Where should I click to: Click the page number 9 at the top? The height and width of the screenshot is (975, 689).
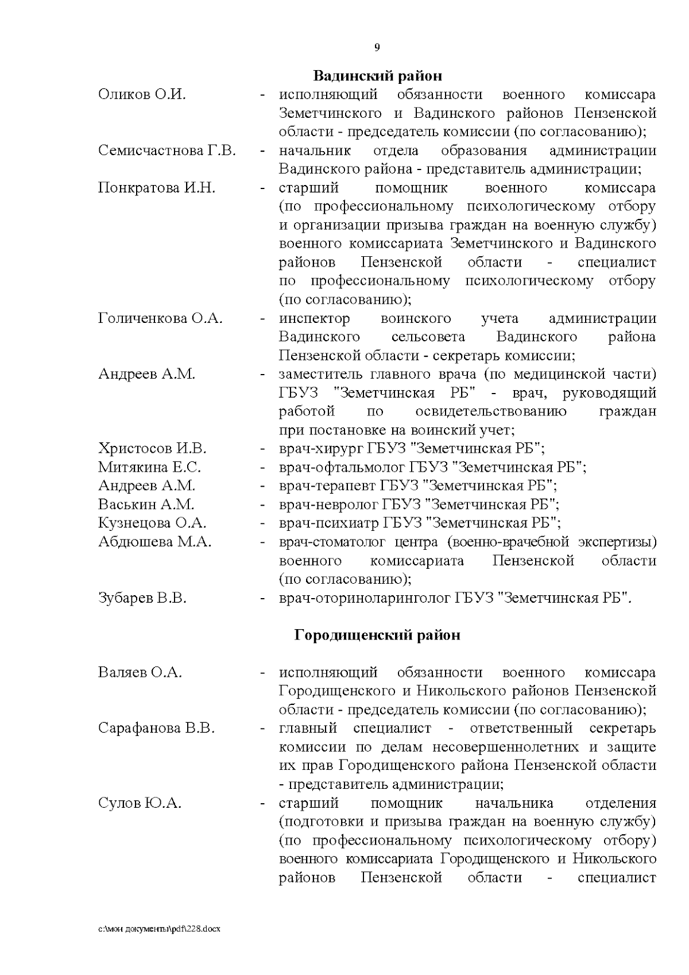(377, 48)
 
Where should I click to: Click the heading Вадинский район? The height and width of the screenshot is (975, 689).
(377, 76)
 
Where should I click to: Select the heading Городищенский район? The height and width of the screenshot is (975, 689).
(377, 635)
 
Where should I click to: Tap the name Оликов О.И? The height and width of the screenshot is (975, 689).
(142, 94)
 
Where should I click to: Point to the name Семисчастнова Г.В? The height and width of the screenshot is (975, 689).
(167, 151)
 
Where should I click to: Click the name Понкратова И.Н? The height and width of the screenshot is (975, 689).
(157, 188)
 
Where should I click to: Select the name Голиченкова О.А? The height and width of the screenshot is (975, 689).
(160, 318)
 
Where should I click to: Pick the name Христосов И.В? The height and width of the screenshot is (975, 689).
(152, 448)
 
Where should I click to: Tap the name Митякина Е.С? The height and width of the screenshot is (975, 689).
(149, 467)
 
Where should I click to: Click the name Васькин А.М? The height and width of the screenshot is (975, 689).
(146, 504)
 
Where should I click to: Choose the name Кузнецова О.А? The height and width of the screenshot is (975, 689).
(152, 523)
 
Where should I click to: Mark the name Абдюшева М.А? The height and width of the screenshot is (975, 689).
(154, 542)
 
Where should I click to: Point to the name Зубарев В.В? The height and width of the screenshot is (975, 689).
(142, 598)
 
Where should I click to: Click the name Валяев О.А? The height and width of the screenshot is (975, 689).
(140, 672)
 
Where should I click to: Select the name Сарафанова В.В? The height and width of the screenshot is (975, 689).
(156, 729)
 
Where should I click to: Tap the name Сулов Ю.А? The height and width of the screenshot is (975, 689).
(140, 803)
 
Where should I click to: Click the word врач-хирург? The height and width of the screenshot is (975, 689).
(312, 448)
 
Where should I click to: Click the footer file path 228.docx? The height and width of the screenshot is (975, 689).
(159, 928)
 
